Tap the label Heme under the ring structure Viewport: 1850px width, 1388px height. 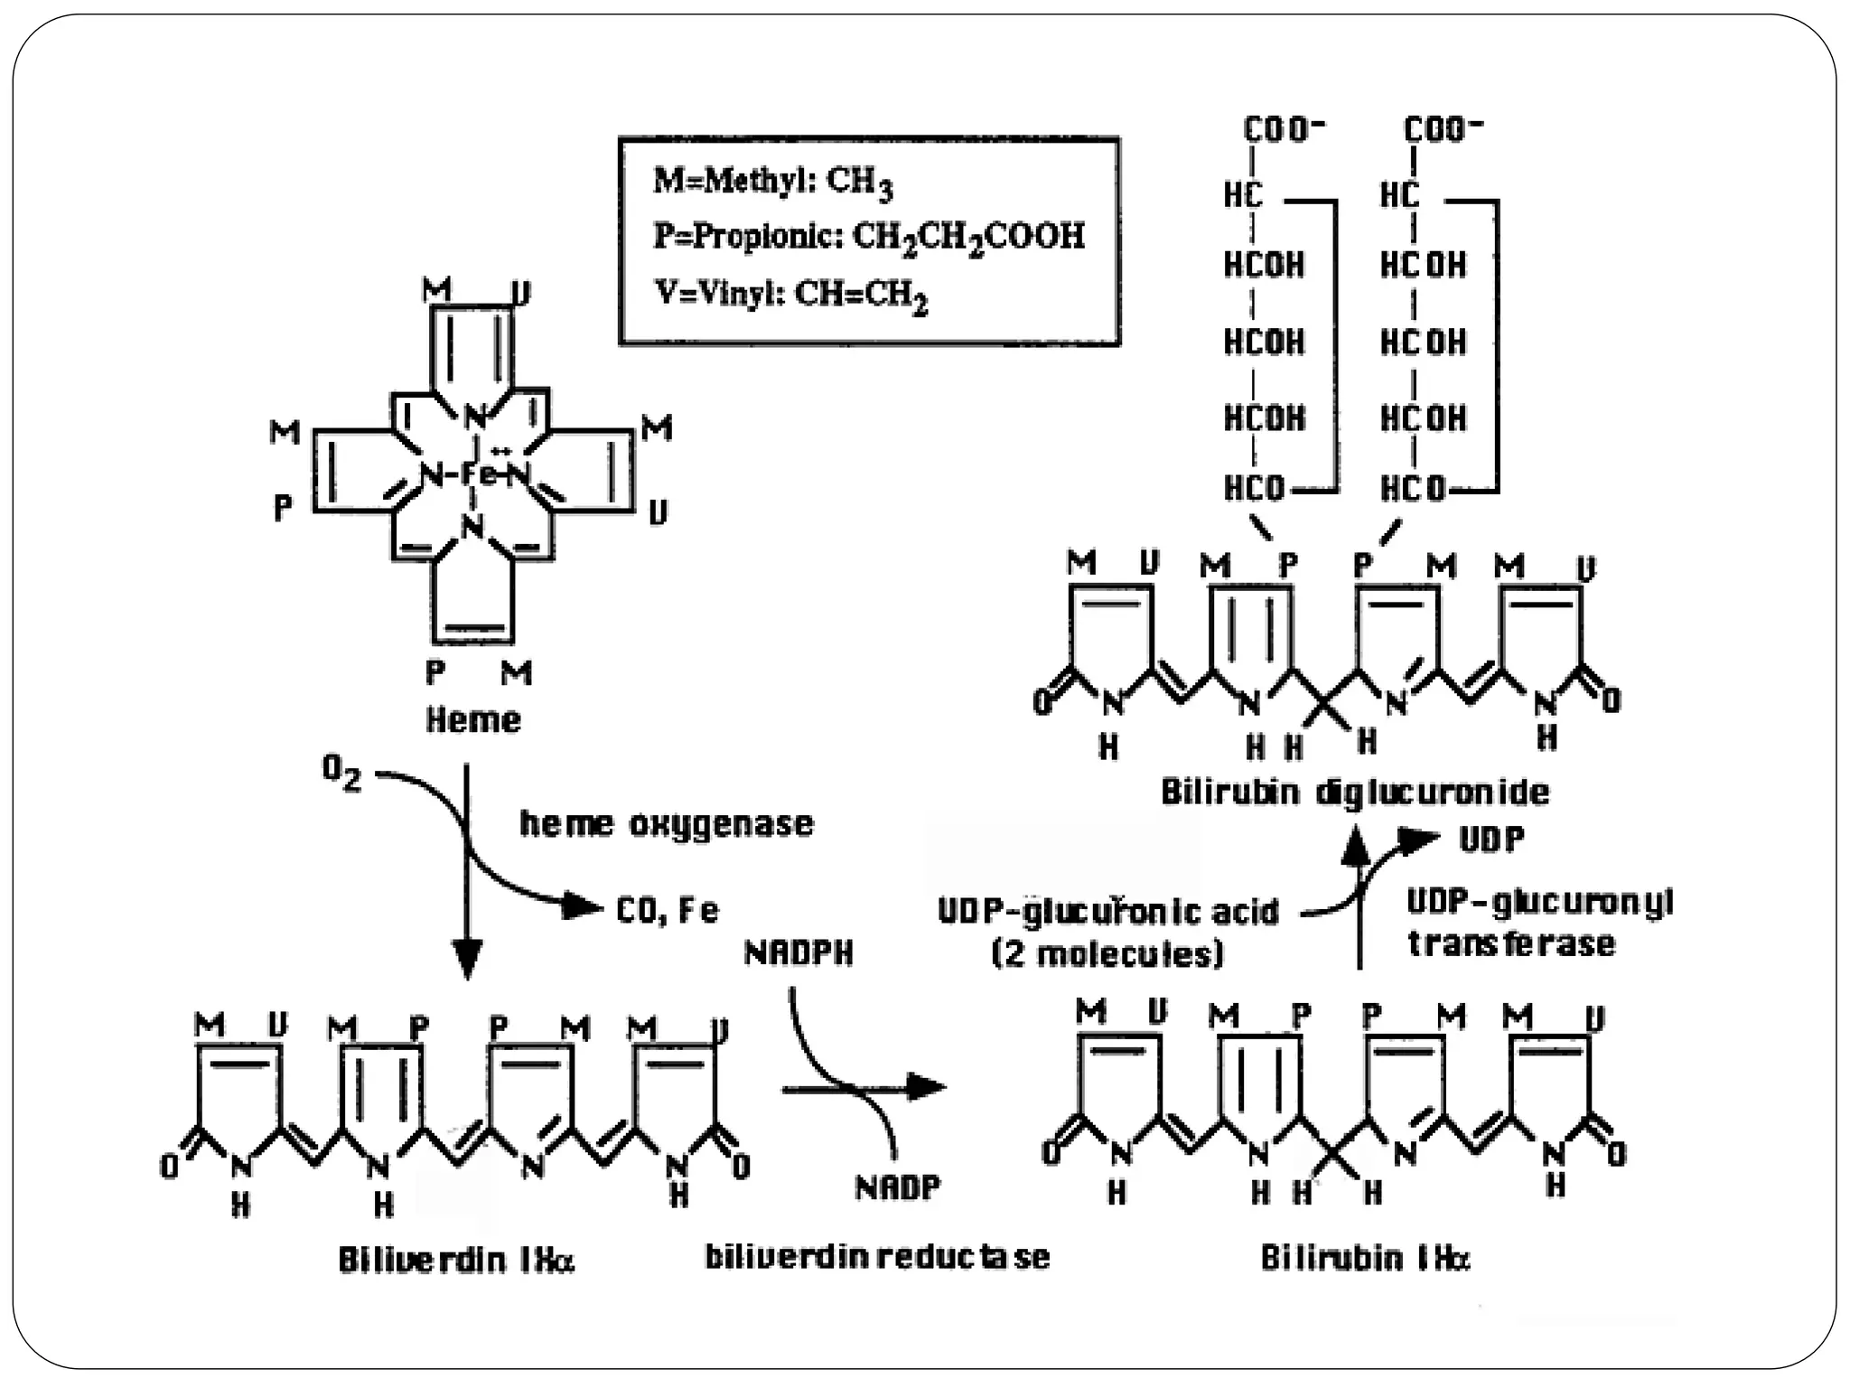pyautogui.click(x=473, y=720)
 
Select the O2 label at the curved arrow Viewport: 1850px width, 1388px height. pyautogui.click(x=341, y=773)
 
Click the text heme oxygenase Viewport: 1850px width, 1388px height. pyautogui.click(x=667, y=823)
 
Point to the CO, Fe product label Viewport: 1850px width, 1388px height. pyautogui.click(x=668, y=910)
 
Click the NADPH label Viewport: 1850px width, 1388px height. pyautogui.click(x=799, y=952)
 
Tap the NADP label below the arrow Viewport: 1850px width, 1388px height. pyautogui.click(x=898, y=1186)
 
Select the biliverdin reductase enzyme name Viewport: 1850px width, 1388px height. pyautogui.click(x=877, y=1256)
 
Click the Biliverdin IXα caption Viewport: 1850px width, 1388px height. pyautogui.click(x=456, y=1259)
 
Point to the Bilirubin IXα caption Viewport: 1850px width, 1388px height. pyautogui.click(x=1365, y=1257)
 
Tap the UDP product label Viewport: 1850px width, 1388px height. pyautogui.click(x=1491, y=839)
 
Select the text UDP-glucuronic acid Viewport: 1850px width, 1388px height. pyautogui.click(x=1108, y=911)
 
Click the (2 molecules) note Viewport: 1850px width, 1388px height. pyautogui.click(x=1107, y=953)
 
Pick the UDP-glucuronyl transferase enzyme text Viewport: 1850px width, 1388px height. pyautogui.click(x=1538, y=922)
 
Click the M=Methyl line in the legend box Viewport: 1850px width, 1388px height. pyautogui.click(x=773, y=182)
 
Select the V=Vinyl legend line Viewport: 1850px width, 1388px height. pyautogui.click(x=791, y=294)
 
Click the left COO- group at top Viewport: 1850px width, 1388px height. pyautogui.click(x=1283, y=129)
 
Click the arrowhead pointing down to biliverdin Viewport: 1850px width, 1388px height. pyautogui.click(x=467, y=960)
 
